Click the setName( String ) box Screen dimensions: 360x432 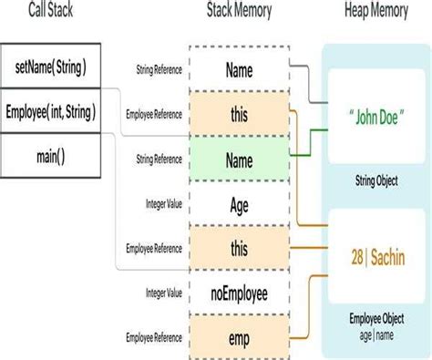(x=51, y=68)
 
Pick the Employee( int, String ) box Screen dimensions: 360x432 (x=51, y=113)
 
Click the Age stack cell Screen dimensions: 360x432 (x=239, y=204)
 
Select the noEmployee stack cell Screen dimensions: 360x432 (x=239, y=293)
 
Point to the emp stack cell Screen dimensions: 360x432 (x=239, y=337)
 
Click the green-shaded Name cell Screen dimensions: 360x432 (x=239, y=159)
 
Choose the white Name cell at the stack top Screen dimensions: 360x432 (x=239, y=70)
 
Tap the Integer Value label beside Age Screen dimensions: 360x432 (x=161, y=204)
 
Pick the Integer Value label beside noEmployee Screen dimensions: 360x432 (x=161, y=293)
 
